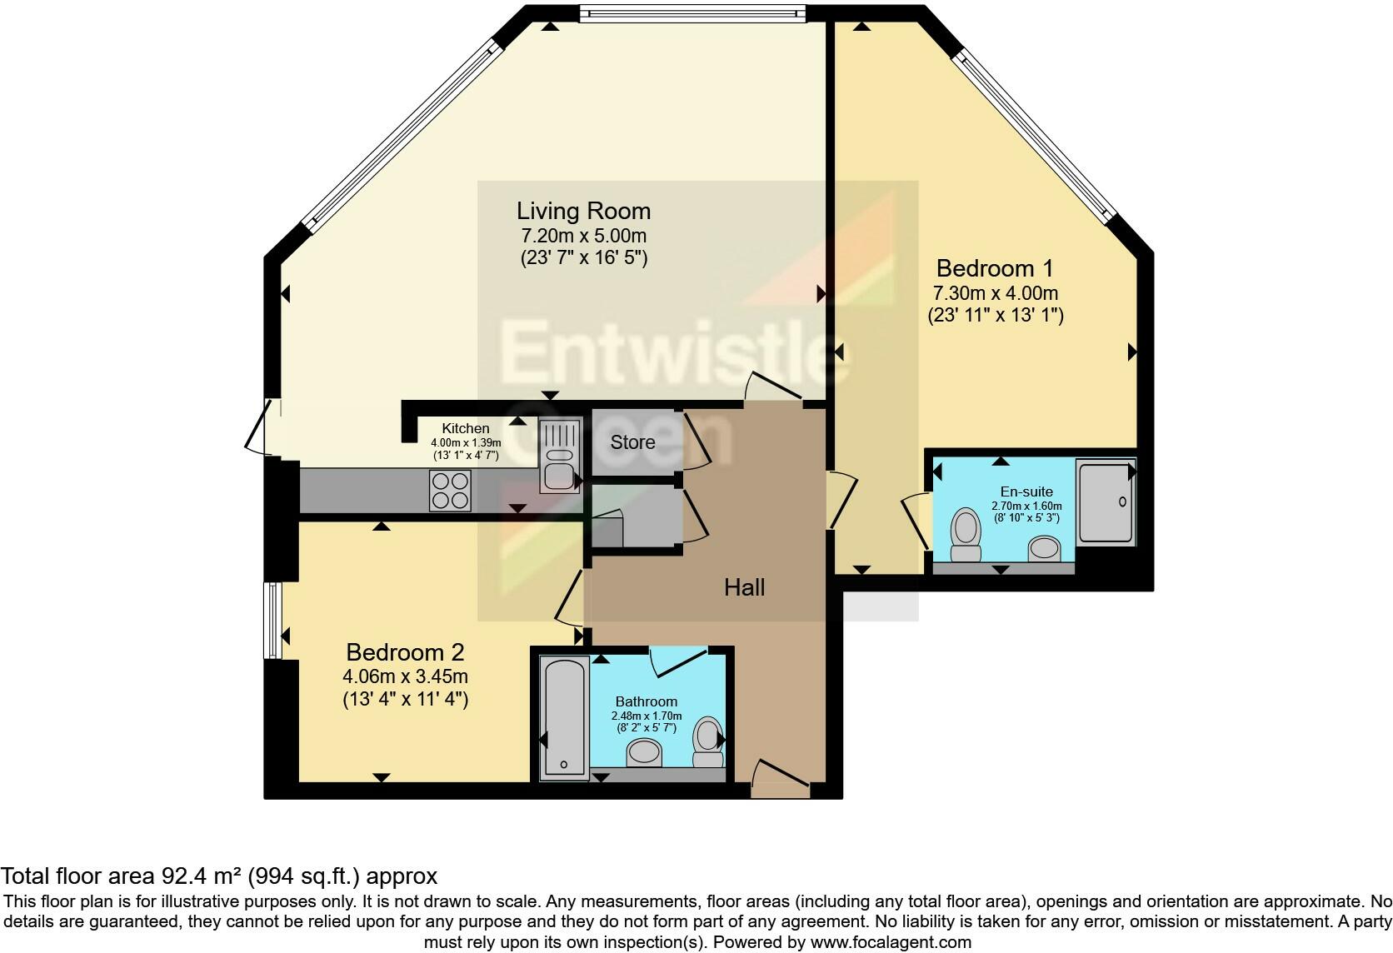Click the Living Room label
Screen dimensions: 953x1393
[x=583, y=211]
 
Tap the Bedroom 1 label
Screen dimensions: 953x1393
[x=995, y=268]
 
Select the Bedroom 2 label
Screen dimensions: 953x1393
[x=405, y=651]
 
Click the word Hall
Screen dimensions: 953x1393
[x=744, y=587]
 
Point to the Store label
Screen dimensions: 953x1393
[x=632, y=442]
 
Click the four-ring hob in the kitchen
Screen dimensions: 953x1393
[x=450, y=490]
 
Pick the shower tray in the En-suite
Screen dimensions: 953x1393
[x=1105, y=502]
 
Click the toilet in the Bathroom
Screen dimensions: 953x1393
[x=708, y=742]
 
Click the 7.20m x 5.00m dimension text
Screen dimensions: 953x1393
[x=583, y=236]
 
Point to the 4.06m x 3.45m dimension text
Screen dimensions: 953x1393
[x=405, y=676]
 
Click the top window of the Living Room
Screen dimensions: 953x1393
[x=692, y=12]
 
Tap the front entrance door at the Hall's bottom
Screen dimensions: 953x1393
[x=780, y=777]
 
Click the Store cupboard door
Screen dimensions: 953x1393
[x=696, y=438]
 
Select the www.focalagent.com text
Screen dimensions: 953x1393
[x=890, y=943]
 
